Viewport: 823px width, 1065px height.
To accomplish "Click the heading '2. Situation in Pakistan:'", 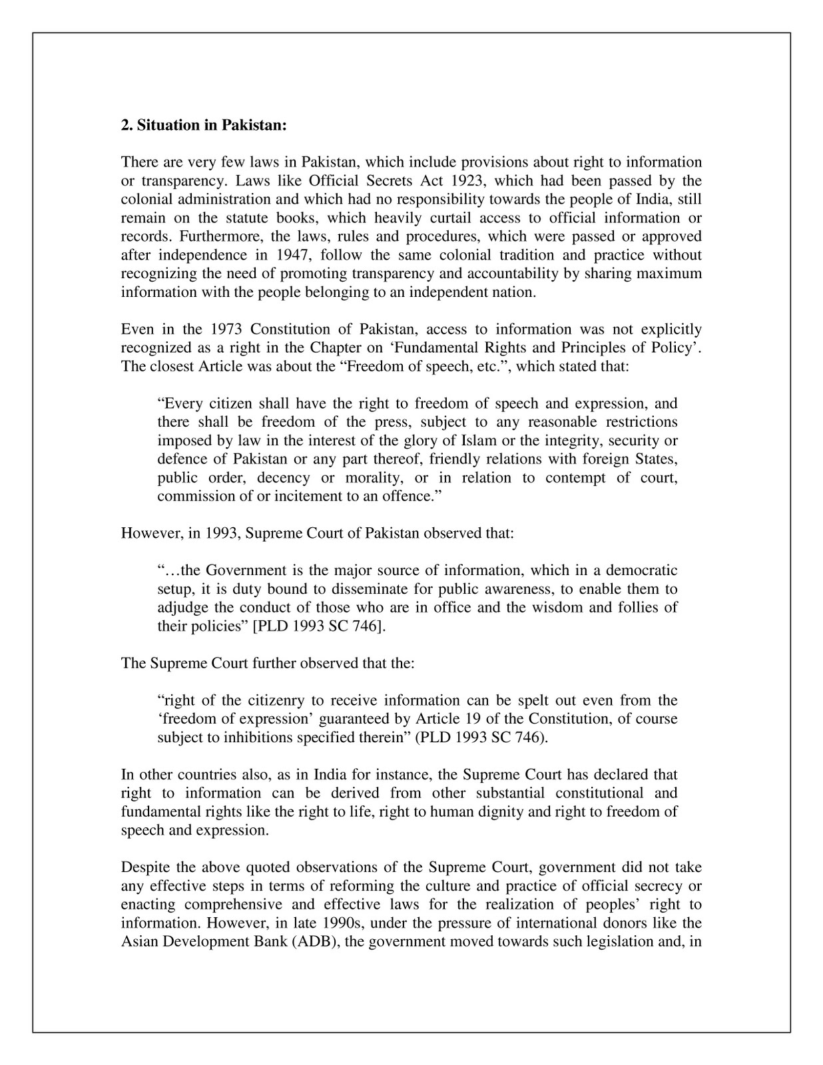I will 203,125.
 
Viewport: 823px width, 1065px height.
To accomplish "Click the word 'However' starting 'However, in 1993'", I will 145,534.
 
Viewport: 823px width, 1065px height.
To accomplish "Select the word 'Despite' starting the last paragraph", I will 142,867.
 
